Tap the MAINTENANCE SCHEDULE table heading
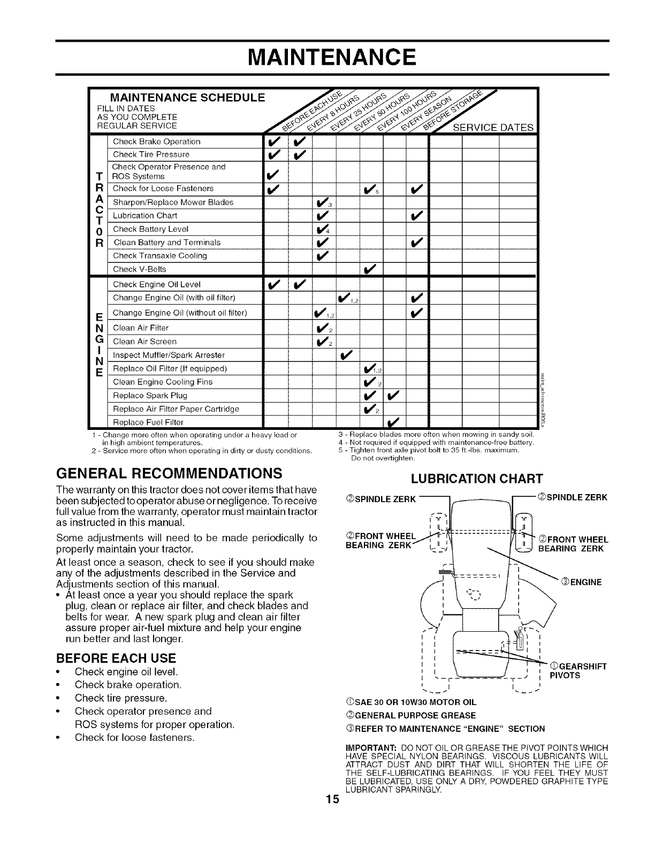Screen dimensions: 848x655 pyautogui.click(x=187, y=97)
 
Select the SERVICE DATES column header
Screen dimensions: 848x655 pyautogui.click(x=493, y=127)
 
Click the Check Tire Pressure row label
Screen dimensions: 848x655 pyautogui.click(x=151, y=155)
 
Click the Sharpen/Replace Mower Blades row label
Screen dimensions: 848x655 pyautogui.click(x=173, y=202)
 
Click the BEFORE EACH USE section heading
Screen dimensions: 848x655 pyautogui.click(x=116, y=657)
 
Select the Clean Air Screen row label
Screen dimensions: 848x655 pyautogui.click(x=145, y=342)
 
